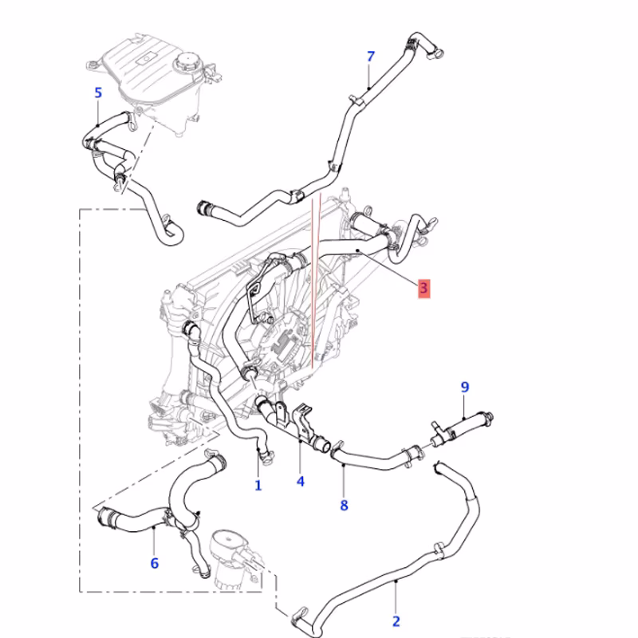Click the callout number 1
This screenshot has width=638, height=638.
(x=258, y=484)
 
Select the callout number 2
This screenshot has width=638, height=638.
(x=396, y=621)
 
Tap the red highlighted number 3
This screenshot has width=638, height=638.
(x=424, y=288)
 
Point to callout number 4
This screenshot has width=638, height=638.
(x=301, y=481)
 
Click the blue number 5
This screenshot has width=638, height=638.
(x=98, y=93)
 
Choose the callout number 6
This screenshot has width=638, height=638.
(x=154, y=563)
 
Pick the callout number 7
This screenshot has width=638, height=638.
(x=370, y=56)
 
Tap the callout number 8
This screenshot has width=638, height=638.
(x=345, y=504)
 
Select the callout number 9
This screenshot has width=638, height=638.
(x=464, y=388)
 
